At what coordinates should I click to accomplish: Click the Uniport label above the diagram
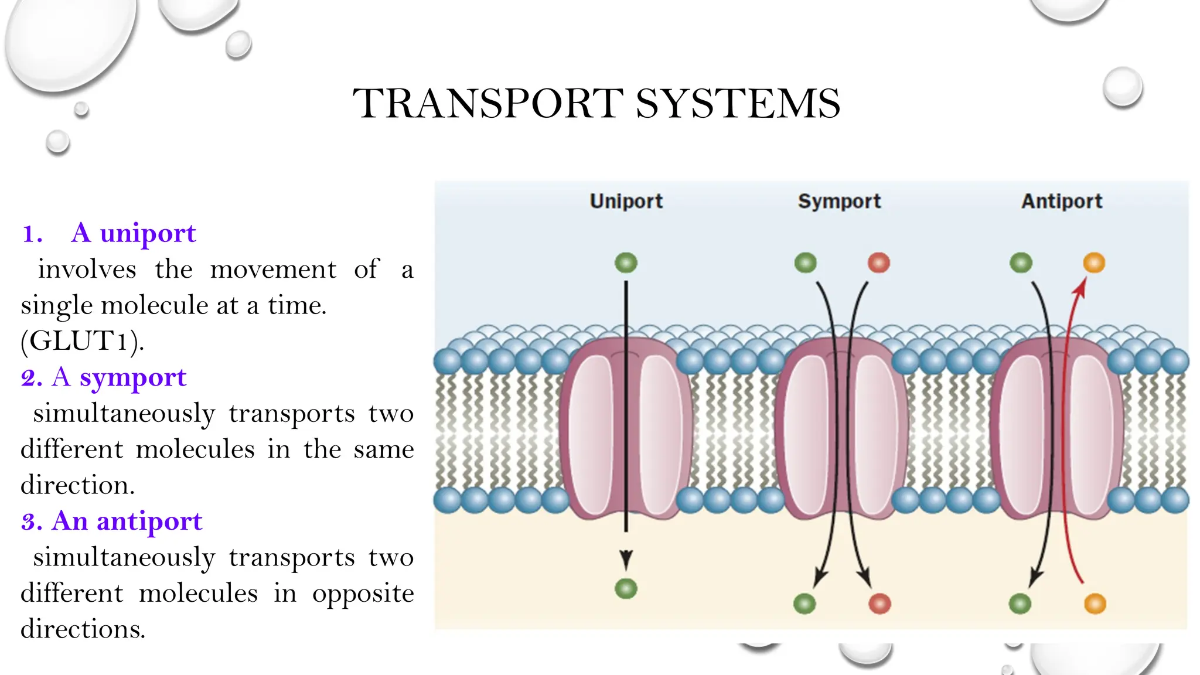tap(626, 201)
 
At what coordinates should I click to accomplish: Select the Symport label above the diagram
tap(839, 201)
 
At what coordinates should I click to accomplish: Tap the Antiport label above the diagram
tap(1062, 201)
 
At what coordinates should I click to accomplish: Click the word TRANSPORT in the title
tap(488, 104)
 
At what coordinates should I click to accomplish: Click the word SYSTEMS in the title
tap(738, 104)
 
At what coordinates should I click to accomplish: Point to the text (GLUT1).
tap(82, 341)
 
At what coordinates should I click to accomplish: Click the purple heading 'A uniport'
tap(134, 233)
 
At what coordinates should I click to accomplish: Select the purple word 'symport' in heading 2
tap(133, 377)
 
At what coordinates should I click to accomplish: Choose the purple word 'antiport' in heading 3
tap(149, 521)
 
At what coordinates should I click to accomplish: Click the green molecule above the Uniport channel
tap(626, 262)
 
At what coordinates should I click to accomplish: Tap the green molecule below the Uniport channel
tap(626, 588)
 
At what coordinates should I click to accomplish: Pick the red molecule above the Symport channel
tap(878, 262)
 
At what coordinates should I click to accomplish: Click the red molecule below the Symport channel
tap(879, 604)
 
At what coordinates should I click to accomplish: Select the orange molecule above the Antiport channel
tap(1094, 262)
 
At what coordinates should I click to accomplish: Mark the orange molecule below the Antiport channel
tap(1095, 604)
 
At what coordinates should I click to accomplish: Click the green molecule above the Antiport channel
tap(1021, 262)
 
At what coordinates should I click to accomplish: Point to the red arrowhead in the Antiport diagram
tap(1080, 287)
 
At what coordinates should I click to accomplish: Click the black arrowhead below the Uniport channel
tap(626, 560)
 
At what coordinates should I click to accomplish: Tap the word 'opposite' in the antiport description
tap(363, 594)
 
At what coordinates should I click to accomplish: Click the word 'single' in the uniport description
tap(56, 305)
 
